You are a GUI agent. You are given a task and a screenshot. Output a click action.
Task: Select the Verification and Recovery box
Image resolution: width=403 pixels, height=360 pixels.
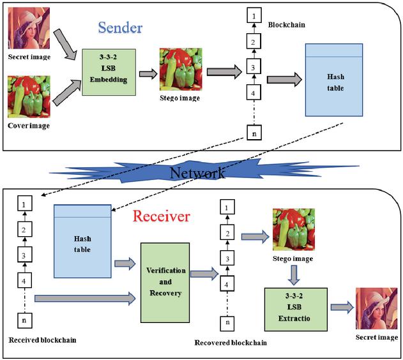tap(166, 282)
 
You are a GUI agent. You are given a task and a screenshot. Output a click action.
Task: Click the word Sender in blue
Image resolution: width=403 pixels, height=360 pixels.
tap(119, 28)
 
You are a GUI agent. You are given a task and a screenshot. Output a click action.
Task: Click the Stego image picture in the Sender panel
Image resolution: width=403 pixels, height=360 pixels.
tap(180, 68)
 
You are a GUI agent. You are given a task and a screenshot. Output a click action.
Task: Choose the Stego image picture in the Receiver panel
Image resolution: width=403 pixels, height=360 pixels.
tap(294, 229)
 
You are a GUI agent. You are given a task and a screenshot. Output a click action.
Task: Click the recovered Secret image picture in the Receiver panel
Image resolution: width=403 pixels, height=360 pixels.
tap(377, 309)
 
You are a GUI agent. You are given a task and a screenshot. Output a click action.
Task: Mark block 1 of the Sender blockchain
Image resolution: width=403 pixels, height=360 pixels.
tap(254, 14)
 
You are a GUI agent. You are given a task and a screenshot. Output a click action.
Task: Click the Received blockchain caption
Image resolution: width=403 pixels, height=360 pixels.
tap(42, 340)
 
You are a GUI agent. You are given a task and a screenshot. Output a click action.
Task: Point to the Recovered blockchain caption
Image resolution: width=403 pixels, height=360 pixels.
tap(231, 343)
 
